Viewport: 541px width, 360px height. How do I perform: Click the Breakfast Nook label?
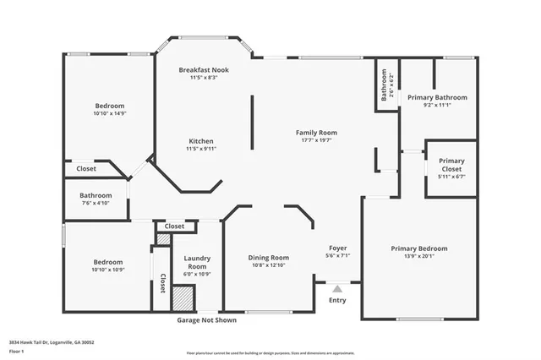click(204, 69)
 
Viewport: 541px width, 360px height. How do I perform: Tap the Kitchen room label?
click(200, 141)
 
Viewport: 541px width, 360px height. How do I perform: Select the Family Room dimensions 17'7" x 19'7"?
click(316, 141)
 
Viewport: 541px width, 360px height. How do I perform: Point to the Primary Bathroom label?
click(436, 98)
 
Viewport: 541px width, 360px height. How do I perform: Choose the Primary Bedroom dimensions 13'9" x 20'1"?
click(418, 257)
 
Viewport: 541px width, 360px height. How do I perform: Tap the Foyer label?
click(337, 248)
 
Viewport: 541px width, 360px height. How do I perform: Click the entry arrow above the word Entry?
click(336, 288)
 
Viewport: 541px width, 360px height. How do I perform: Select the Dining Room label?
click(268, 258)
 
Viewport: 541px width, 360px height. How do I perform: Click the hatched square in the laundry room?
click(183, 299)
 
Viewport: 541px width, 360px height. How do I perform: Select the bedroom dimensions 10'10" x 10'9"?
click(108, 270)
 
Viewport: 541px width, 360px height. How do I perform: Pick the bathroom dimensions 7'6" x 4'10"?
click(96, 203)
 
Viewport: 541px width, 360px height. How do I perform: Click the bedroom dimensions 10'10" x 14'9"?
click(110, 113)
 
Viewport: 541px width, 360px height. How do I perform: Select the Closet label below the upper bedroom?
click(86, 169)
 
